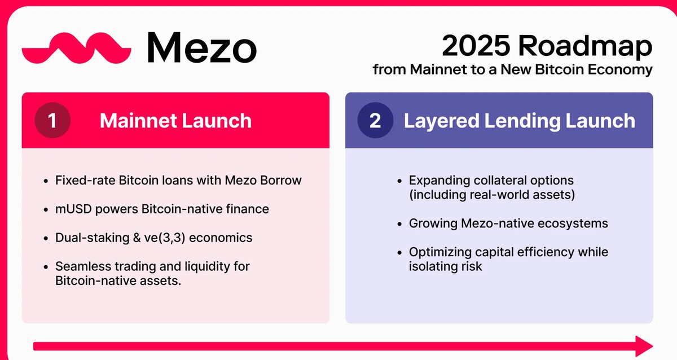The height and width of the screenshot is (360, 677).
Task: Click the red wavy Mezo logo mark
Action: [x=76, y=49]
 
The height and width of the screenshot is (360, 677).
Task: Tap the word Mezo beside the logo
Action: [x=202, y=47]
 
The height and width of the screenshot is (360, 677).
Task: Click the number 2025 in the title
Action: [x=476, y=46]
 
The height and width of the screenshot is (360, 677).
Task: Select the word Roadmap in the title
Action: [x=585, y=46]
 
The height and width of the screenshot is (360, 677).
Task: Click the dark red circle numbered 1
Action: [x=52, y=120]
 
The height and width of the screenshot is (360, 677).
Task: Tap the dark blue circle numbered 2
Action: [x=375, y=120]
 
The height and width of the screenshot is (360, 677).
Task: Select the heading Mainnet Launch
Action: [x=175, y=121]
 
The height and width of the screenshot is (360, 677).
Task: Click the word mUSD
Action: [x=73, y=209]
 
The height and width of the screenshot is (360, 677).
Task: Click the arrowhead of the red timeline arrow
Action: [x=644, y=346]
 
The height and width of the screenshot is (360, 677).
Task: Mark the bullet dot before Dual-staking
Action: [x=46, y=239]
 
